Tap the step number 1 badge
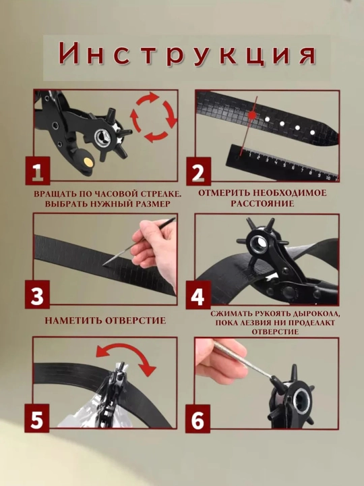(38, 171)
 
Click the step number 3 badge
(37, 294)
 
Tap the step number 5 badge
(37, 418)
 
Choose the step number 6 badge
(198, 418)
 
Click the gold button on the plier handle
(88, 161)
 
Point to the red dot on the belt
(253, 115)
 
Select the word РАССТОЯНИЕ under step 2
(262, 204)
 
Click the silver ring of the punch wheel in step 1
(102, 137)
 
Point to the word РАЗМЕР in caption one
(152, 204)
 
